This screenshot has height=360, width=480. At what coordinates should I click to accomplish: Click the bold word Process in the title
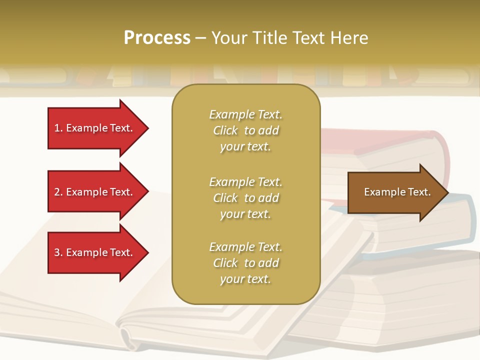(x=157, y=37)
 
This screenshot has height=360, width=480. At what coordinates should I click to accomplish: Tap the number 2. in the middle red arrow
(x=58, y=192)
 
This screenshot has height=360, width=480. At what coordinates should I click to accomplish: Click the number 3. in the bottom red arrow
(x=58, y=252)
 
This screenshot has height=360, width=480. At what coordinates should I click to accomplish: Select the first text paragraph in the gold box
(x=245, y=130)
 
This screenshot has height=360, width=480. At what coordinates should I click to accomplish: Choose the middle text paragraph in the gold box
(x=245, y=198)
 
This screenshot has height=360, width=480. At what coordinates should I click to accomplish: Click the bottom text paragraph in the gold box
(x=245, y=263)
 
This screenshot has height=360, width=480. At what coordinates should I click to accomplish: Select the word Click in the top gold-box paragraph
(x=225, y=130)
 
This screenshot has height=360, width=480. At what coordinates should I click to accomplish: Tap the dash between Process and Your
(x=200, y=38)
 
